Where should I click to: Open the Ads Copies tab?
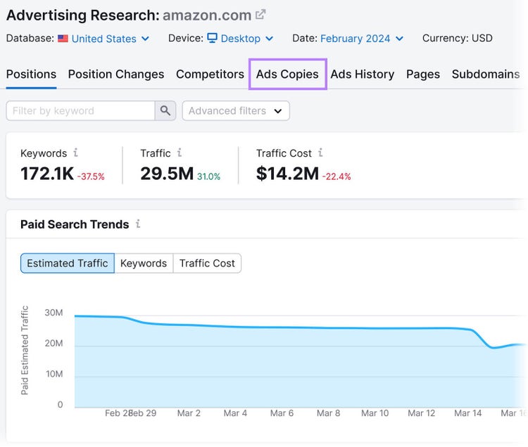pyautogui.click(x=287, y=74)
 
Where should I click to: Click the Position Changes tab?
pyautogui.click(x=116, y=74)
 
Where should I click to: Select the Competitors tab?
pyautogui.click(x=210, y=74)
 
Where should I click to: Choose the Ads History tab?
pyautogui.click(x=363, y=74)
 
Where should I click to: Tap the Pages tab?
pyautogui.click(x=423, y=74)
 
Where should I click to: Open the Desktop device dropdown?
pyautogui.click(x=240, y=39)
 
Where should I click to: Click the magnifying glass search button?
pyautogui.click(x=165, y=110)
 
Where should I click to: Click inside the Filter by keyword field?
pyautogui.click(x=80, y=110)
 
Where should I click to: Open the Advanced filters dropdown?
pyautogui.click(x=236, y=110)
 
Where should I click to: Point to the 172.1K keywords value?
pyautogui.click(x=47, y=174)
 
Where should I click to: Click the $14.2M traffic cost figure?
pyautogui.click(x=287, y=174)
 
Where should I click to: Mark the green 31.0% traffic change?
pyautogui.click(x=208, y=176)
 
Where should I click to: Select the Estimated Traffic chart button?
pyautogui.click(x=68, y=263)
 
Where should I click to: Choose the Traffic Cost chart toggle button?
pyautogui.click(x=207, y=263)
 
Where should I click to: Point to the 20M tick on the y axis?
pyautogui.click(x=54, y=343)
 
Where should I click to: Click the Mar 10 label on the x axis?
pyautogui.click(x=375, y=413)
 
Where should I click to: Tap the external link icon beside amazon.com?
pyautogui.click(x=260, y=15)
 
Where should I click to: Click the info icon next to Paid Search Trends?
pyautogui.click(x=138, y=223)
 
